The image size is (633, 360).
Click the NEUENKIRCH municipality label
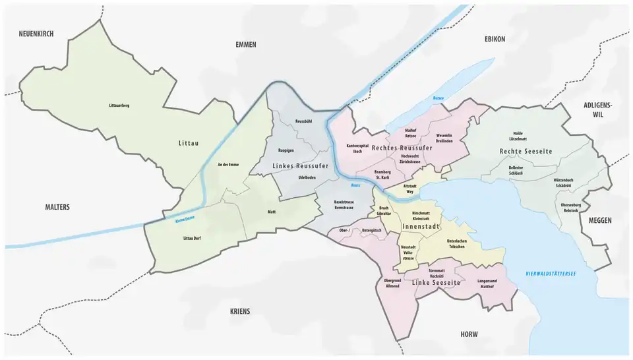click(x=36, y=34)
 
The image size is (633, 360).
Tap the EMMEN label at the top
click(x=245, y=45)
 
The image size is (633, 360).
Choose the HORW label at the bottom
click(x=469, y=334)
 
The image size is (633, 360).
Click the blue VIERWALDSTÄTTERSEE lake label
click(x=547, y=273)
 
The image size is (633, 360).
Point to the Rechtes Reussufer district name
click(x=402, y=148)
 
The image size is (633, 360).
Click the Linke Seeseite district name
click(x=436, y=282)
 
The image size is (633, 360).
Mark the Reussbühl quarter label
click(x=303, y=121)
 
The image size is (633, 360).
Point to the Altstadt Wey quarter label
click(x=410, y=190)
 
